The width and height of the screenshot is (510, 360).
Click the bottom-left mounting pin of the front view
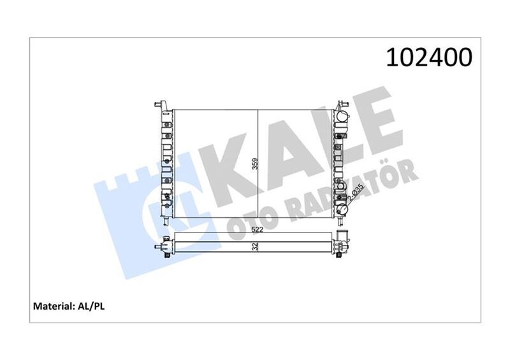pyautogui.click(x=164, y=222)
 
